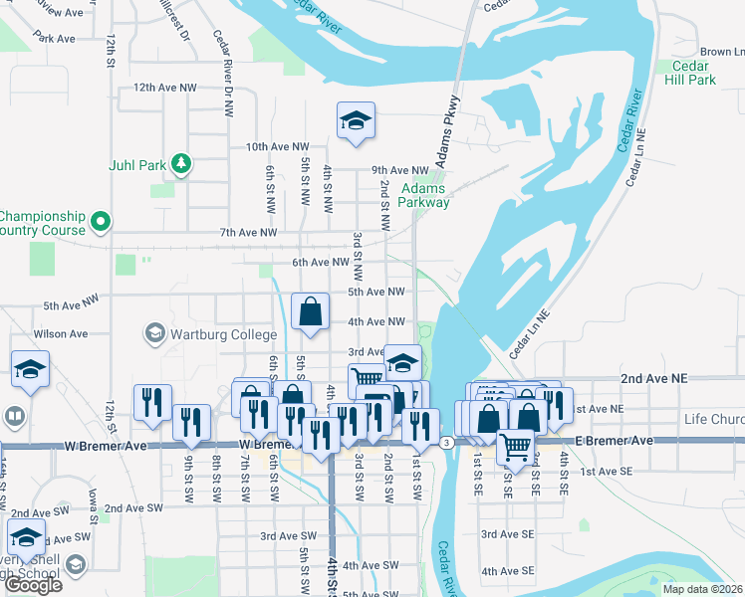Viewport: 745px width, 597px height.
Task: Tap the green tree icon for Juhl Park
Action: click(180, 162)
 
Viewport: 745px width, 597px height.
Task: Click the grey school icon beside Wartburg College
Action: click(154, 332)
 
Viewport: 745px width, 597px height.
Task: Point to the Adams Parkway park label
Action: click(424, 195)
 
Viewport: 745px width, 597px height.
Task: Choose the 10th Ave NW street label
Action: click(278, 146)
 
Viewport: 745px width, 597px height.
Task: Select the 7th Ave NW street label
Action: click(249, 233)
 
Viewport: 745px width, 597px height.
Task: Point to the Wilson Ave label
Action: click(61, 334)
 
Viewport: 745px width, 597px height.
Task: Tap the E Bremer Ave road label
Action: click(616, 440)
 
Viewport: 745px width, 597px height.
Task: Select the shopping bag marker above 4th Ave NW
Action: click(311, 312)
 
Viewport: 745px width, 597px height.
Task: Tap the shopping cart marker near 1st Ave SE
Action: click(516, 449)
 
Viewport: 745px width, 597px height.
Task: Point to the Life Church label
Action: click(713, 419)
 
